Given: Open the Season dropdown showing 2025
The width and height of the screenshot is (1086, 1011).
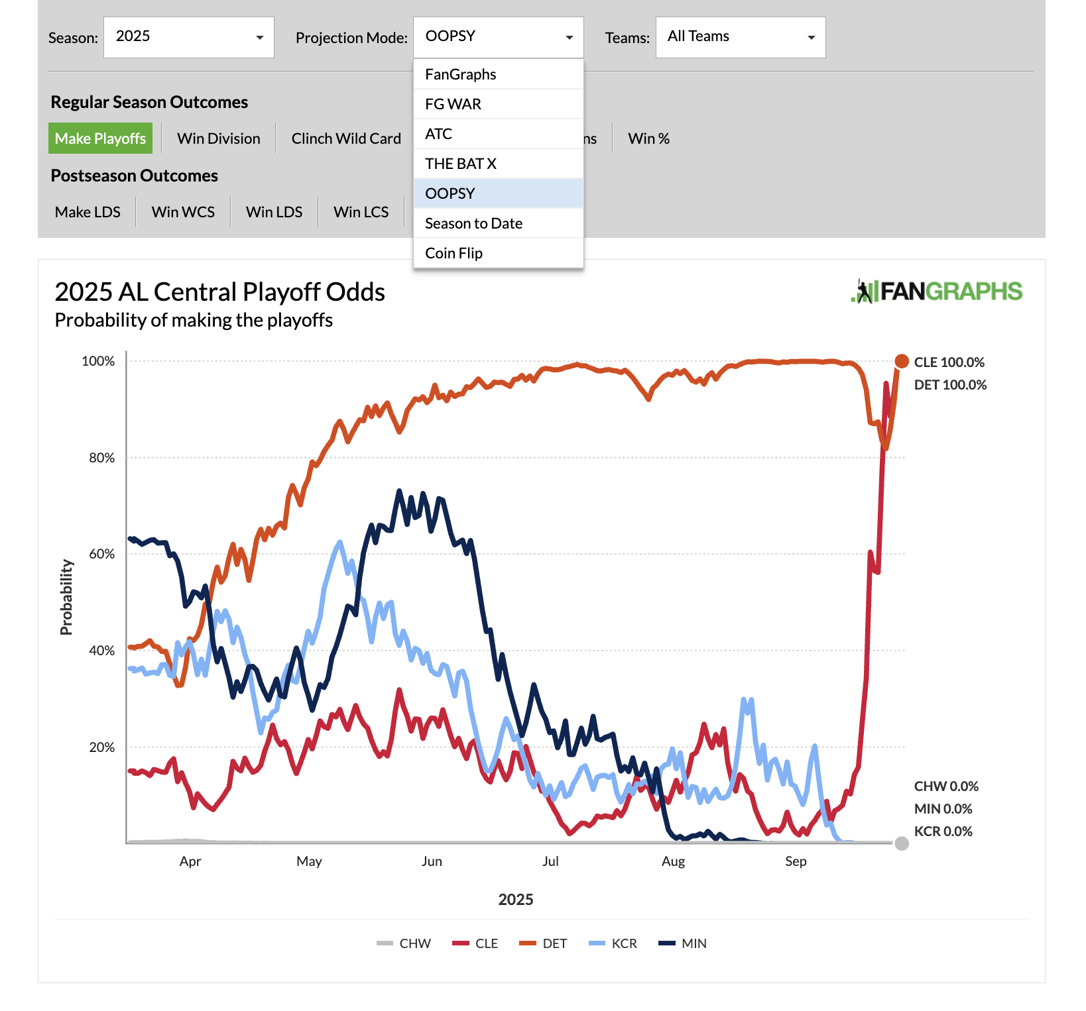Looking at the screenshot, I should [x=189, y=37].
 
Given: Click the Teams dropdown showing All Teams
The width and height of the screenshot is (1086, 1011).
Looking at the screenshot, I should [x=741, y=37].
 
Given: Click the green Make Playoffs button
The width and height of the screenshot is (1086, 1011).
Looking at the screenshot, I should [x=100, y=138].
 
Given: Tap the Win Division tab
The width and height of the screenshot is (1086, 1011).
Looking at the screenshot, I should [x=219, y=138].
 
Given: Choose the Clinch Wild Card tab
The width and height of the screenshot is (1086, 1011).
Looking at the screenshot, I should [x=346, y=138].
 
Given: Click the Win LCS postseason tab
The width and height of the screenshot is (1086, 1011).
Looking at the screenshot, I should [x=361, y=212].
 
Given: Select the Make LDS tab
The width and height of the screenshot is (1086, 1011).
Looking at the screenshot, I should [x=88, y=212].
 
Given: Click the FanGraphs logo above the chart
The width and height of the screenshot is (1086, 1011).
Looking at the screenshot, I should [x=936, y=292].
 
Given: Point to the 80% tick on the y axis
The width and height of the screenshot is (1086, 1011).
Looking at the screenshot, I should [x=102, y=458].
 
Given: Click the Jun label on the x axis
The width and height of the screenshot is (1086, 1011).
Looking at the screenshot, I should [x=432, y=861].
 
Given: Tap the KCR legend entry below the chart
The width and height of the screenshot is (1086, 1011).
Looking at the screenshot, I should [x=613, y=943].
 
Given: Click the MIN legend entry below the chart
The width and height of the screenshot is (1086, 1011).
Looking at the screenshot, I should [x=684, y=943].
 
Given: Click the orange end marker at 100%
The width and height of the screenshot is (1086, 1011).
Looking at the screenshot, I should [x=902, y=361].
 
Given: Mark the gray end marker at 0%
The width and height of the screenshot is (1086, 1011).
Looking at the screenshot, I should [x=902, y=843].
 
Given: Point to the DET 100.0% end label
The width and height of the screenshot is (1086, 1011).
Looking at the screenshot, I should [x=950, y=385].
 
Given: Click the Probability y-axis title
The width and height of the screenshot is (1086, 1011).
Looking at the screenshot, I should [x=66, y=597].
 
